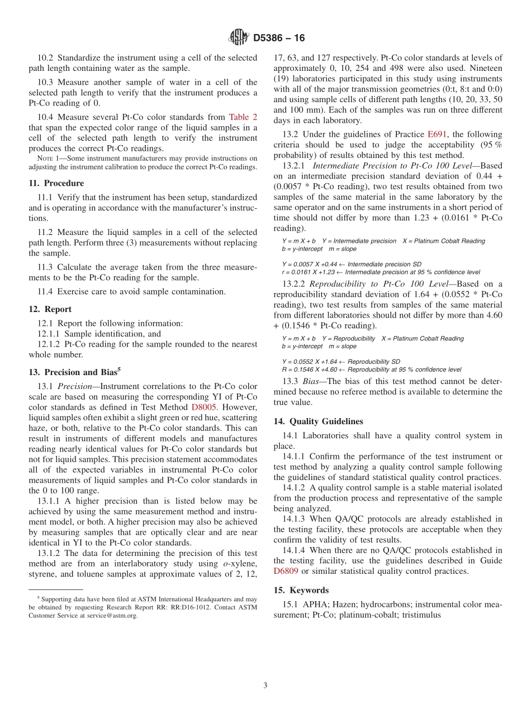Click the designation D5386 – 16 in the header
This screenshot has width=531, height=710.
tap(279, 39)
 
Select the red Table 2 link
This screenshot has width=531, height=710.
tap(243, 117)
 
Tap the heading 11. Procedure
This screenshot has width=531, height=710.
tap(56, 183)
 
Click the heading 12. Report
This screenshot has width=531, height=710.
tap(50, 309)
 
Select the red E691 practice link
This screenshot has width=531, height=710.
tap(438, 135)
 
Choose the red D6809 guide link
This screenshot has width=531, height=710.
tap(286, 571)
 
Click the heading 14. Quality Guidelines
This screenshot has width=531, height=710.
tap(318, 421)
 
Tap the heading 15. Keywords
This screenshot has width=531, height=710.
tap(301, 590)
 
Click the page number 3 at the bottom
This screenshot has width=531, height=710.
tap(265, 685)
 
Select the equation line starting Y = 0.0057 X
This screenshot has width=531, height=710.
tap(352, 264)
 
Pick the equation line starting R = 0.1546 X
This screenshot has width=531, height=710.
tap(372, 370)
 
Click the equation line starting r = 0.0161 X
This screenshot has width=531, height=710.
tap(381, 272)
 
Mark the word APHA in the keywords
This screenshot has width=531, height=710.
tap(314, 605)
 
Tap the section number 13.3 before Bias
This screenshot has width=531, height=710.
tap(290, 381)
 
